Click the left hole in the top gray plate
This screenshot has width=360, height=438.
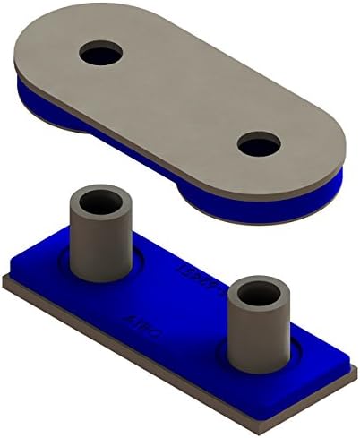click(100, 54)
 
